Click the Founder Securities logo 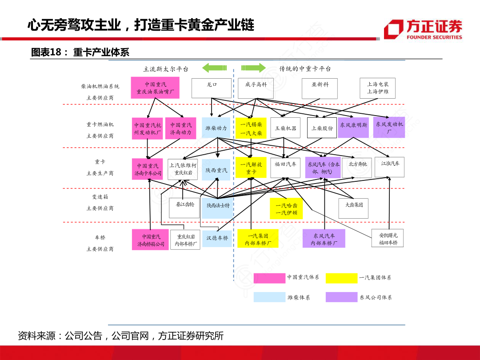coord(423,29)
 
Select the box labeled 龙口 coord(212,88)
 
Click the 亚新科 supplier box coord(320,88)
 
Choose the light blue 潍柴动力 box coord(216,128)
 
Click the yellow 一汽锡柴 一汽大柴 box coord(251,128)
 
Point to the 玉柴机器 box coord(285,128)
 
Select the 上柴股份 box coord(322,128)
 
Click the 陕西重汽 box coord(216,170)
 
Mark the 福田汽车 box coord(285,168)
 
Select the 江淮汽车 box coord(390,167)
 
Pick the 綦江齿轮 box coord(185,208)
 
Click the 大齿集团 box coord(354,208)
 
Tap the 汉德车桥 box coord(217,238)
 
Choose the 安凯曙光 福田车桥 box coord(388,239)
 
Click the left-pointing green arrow coord(214,68)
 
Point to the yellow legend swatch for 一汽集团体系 coord(341,278)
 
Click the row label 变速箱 coord(100,196)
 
